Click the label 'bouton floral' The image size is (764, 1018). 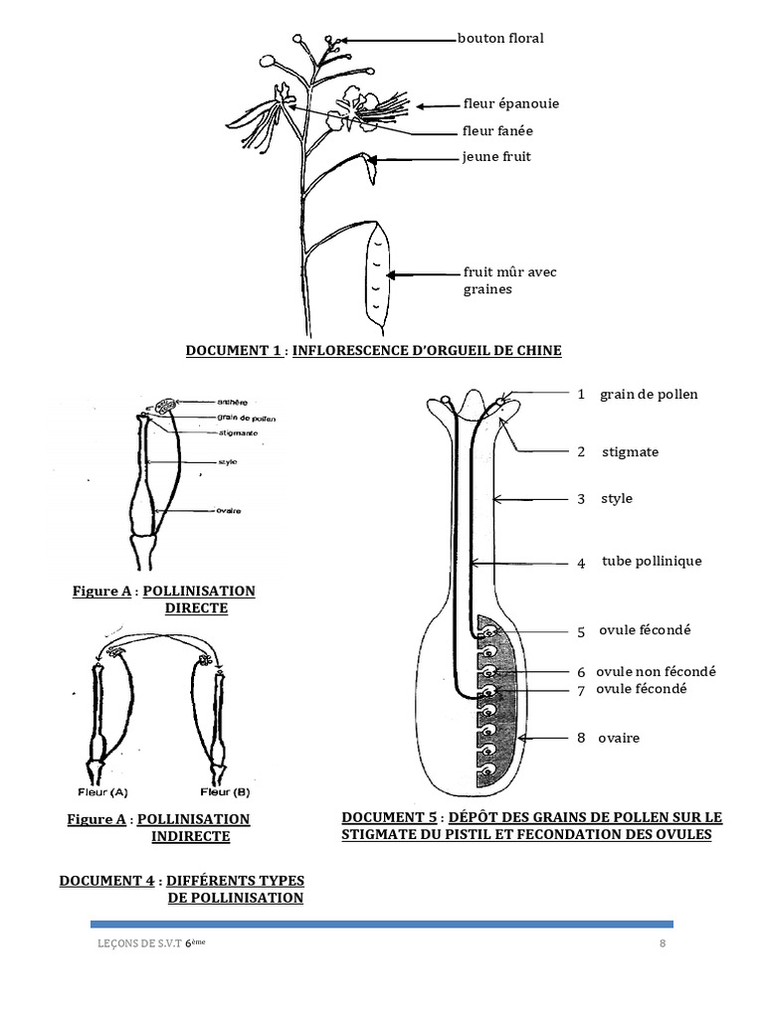click(500, 39)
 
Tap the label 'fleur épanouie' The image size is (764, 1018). click(510, 103)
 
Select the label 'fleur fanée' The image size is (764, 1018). click(497, 130)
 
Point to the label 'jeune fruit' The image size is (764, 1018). click(489, 157)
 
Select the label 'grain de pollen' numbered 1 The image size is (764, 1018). click(649, 395)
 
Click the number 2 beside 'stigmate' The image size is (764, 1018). click(581, 452)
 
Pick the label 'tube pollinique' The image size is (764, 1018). click(652, 562)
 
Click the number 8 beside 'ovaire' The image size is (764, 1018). click(581, 739)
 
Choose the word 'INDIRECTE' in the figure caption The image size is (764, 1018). click(190, 837)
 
